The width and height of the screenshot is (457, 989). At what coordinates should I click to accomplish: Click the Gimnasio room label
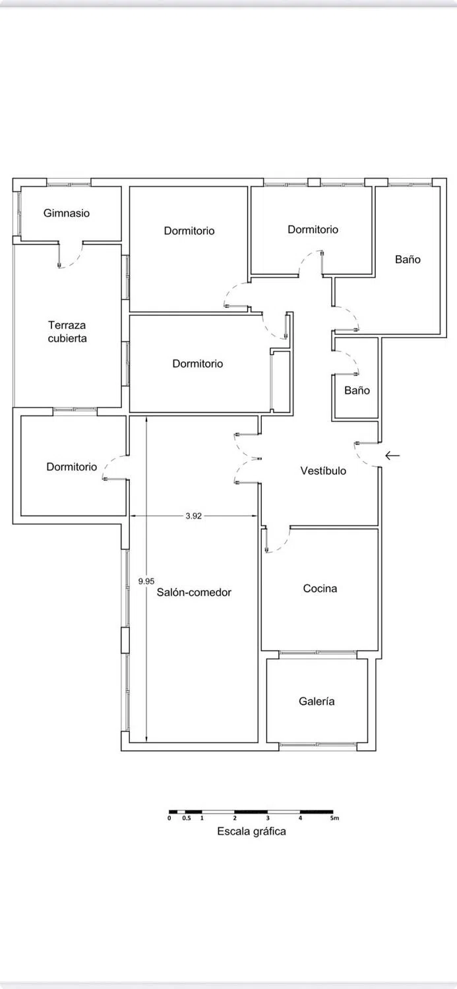tap(67, 214)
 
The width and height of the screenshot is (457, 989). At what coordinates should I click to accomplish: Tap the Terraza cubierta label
tap(67, 332)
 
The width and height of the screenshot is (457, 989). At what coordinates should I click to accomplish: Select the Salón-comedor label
tap(194, 592)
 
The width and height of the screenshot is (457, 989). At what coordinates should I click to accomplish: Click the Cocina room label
tap(320, 588)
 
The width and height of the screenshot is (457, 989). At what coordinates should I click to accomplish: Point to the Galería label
tap(317, 701)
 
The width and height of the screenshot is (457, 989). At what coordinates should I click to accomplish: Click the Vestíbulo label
tap(323, 471)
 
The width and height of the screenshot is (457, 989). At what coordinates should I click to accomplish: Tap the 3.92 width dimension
tap(193, 516)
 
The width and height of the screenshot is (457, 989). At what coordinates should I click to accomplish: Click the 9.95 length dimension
tap(146, 581)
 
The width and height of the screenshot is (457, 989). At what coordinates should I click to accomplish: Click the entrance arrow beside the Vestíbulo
tap(392, 455)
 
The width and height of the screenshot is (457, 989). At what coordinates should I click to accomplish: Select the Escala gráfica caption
tap(252, 831)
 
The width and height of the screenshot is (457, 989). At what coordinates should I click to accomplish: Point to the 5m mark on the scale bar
tap(335, 818)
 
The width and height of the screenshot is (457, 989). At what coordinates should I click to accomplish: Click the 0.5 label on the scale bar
tap(187, 818)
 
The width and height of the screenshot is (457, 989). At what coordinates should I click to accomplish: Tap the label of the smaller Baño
tap(357, 390)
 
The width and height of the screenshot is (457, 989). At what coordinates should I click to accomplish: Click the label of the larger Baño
tap(408, 259)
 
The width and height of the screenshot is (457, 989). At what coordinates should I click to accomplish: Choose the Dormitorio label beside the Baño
tap(313, 229)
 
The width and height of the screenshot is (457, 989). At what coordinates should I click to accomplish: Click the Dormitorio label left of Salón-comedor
tap(71, 467)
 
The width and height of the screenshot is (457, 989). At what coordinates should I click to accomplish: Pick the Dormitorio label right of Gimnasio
tap(189, 231)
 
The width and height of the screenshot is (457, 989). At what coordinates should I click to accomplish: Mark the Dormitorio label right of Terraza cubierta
tap(198, 363)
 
